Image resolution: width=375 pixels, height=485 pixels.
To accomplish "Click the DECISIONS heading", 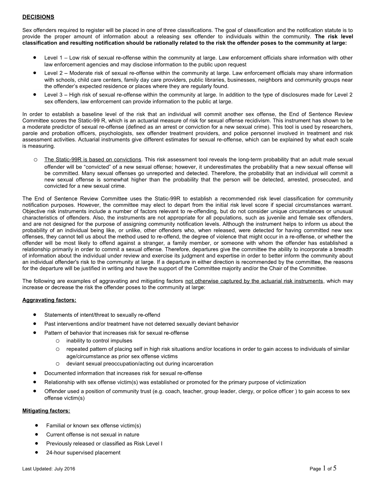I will [x=38, y=17].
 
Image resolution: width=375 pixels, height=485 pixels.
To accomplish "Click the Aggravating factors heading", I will [x=49, y=300].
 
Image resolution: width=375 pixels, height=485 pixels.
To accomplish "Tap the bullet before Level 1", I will [x=34, y=58].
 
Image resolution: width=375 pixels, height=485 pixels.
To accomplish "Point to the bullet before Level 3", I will [x=34, y=94].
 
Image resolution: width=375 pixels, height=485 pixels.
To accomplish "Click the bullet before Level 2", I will [x=34, y=73].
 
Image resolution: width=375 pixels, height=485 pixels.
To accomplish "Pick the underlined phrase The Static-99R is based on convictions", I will [x=93, y=159].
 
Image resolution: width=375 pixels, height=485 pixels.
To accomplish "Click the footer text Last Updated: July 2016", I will [x=51, y=469].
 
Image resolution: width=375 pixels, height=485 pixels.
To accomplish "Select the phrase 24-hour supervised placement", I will [x=83, y=453].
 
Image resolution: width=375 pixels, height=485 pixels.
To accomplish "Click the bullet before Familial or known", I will [x=37, y=425].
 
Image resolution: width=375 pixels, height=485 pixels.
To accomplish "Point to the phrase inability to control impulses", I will [x=99, y=341].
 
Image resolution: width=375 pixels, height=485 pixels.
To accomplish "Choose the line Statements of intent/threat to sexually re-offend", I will [x=102, y=315].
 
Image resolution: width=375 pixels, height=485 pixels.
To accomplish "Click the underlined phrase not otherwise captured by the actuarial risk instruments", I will [x=254, y=281].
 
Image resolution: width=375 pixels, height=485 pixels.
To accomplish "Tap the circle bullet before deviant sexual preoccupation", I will [x=58, y=364].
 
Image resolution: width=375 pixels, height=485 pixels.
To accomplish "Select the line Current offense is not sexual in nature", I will [x=93, y=435].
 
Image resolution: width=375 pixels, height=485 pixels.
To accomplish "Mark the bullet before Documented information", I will [x=34, y=373].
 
